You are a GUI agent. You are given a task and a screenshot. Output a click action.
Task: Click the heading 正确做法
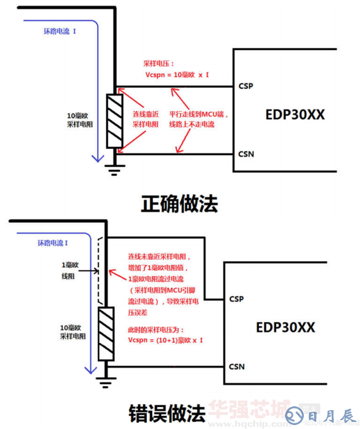point(179,203)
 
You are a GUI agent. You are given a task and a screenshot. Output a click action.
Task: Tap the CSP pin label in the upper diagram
point(246,87)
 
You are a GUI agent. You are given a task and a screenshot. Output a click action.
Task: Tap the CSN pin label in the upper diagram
point(246,154)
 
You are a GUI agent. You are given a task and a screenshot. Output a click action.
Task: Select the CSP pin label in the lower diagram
point(236,299)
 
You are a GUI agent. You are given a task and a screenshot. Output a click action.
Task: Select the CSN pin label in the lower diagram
point(236,366)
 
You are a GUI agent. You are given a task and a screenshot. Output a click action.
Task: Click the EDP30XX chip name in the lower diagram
point(285,327)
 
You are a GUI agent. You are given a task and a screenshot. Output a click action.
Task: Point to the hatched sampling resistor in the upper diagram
point(114,122)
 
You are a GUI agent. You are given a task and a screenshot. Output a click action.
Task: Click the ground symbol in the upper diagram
point(114,169)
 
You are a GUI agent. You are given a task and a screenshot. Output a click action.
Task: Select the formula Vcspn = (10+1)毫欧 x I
point(165,340)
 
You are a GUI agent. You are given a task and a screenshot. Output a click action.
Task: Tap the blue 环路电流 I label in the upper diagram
point(60,33)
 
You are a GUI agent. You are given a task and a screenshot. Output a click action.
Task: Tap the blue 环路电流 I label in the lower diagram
point(52,243)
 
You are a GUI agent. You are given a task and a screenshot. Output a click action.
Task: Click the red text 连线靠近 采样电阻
point(146,119)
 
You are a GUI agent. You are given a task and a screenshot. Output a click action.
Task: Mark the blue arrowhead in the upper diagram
point(98,158)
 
